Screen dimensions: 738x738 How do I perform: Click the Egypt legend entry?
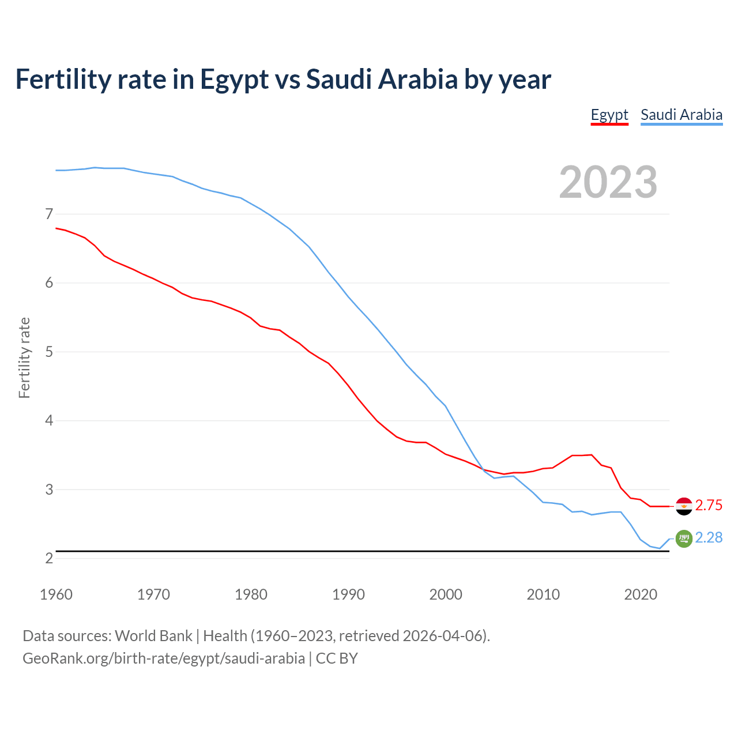[x=609, y=115]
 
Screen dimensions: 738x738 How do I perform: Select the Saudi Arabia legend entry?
[x=681, y=115]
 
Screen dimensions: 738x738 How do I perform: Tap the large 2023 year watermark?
[x=608, y=182]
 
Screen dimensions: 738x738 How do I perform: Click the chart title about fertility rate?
[x=283, y=79]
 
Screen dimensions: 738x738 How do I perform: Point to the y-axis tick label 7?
[x=49, y=214]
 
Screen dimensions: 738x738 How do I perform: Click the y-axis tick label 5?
[x=49, y=352]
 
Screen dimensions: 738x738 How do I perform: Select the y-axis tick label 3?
[x=49, y=490]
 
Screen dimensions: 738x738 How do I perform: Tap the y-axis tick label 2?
[x=49, y=558]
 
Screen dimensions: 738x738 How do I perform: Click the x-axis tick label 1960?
[x=56, y=594]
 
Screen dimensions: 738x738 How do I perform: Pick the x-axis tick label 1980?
[x=251, y=594]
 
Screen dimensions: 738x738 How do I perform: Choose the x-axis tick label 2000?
[x=446, y=594]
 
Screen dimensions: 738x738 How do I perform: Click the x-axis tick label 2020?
[x=641, y=594]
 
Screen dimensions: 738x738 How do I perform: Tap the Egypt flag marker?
[x=684, y=506]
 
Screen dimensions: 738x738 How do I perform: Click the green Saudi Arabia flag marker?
[x=684, y=539]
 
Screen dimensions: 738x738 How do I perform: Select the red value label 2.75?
[x=709, y=506]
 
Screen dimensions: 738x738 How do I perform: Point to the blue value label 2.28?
[x=709, y=538]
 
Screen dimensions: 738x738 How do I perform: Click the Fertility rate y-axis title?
[x=24, y=357]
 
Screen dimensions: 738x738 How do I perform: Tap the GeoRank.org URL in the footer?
[x=164, y=658]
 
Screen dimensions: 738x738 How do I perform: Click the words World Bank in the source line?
[x=153, y=636]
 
